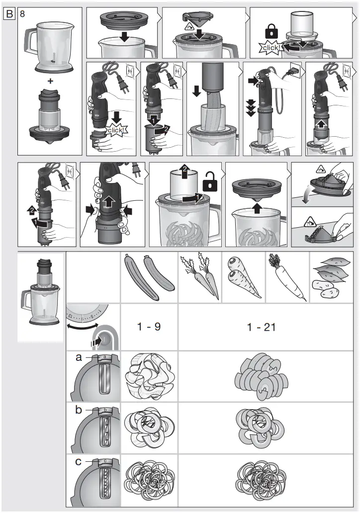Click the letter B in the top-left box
pyautogui.click(x=9, y=14)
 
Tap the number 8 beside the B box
pyautogui.click(x=22, y=14)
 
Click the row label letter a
pyautogui.click(x=78, y=357)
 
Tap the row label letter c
pyautogui.click(x=78, y=461)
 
